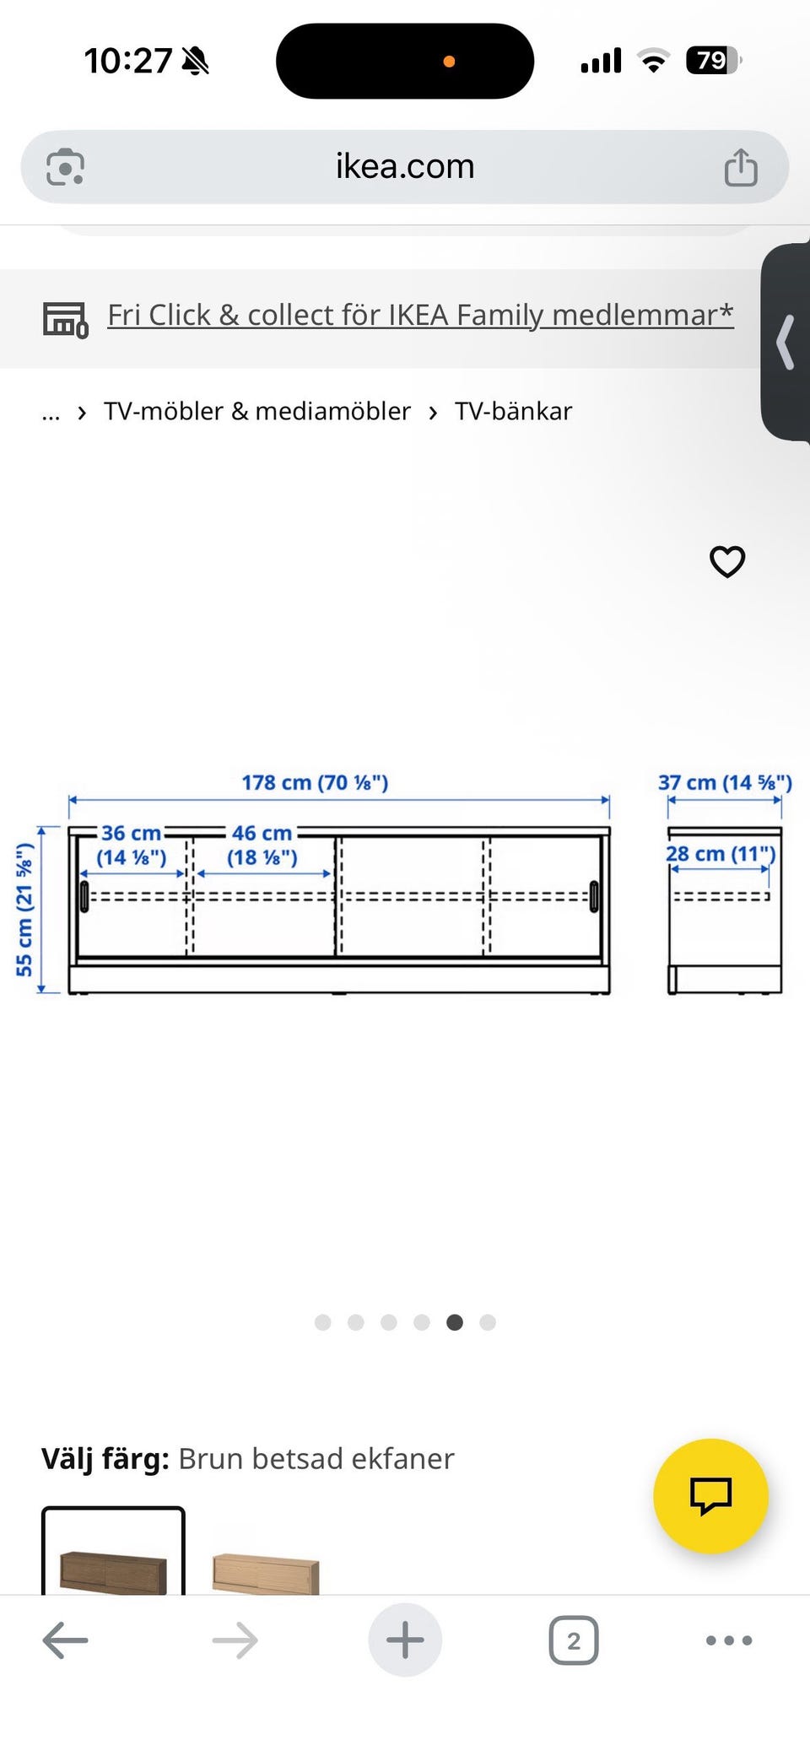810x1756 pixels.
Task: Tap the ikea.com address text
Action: click(x=405, y=166)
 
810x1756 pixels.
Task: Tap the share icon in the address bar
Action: click(x=741, y=167)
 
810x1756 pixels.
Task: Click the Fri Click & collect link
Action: click(x=420, y=315)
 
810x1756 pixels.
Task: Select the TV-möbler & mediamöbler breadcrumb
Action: click(x=257, y=411)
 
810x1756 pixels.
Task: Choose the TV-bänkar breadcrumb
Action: click(x=513, y=411)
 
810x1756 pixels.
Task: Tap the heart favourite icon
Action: click(x=727, y=562)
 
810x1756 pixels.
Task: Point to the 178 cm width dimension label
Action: click(x=315, y=782)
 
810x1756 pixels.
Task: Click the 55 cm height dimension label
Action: click(x=24, y=910)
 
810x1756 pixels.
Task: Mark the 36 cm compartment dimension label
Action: click(x=131, y=845)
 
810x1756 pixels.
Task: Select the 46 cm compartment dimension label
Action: click(x=262, y=845)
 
